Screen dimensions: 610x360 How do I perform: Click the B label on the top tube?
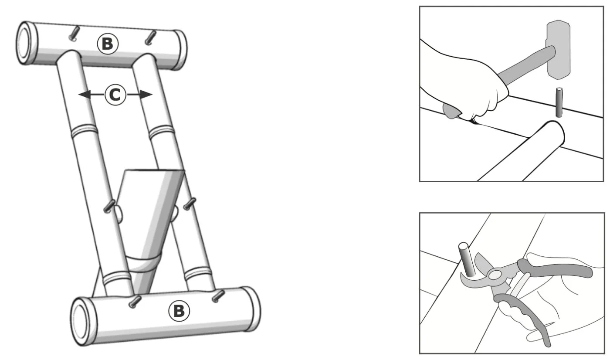[108, 44]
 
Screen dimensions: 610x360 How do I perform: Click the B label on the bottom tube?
[179, 311]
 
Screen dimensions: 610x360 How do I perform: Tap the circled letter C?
[115, 95]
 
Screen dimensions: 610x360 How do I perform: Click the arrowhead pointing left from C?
[84, 95]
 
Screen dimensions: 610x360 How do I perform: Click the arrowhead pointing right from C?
[146, 95]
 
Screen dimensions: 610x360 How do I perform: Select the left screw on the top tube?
[74, 34]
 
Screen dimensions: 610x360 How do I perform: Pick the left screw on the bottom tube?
[135, 302]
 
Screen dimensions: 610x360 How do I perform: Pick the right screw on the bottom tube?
[218, 296]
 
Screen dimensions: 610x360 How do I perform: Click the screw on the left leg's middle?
[109, 206]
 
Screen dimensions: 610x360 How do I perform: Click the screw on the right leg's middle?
[190, 204]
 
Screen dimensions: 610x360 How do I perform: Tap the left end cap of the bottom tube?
[80, 322]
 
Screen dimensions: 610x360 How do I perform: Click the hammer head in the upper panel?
[558, 50]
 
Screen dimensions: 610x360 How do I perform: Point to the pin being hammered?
[559, 102]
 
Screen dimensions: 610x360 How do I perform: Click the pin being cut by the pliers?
[467, 259]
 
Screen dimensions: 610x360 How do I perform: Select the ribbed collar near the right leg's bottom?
[198, 274]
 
